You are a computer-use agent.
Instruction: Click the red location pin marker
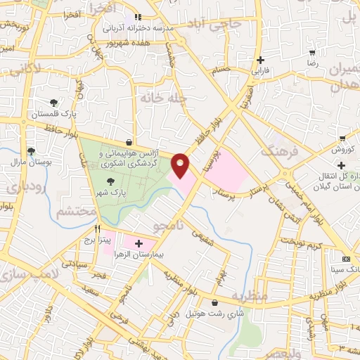pos(181,165)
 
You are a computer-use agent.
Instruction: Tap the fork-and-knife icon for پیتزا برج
pos(98,229)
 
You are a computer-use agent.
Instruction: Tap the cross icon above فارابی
pos(261,60)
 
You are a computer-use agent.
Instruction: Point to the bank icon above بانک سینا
pos(345,257)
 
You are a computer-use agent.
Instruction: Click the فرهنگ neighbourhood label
pos(276,150)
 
